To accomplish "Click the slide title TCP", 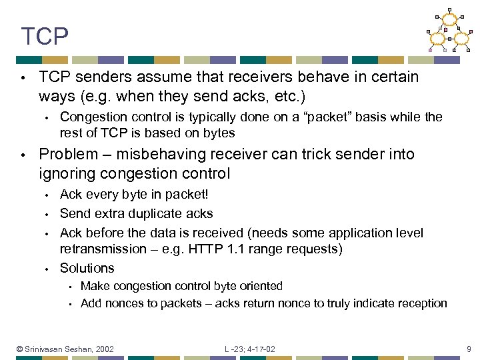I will coord(45,37).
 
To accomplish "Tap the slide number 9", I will coord(469,349).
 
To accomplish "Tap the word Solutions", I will coord(87,268).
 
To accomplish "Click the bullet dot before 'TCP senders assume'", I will coord(23,77).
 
